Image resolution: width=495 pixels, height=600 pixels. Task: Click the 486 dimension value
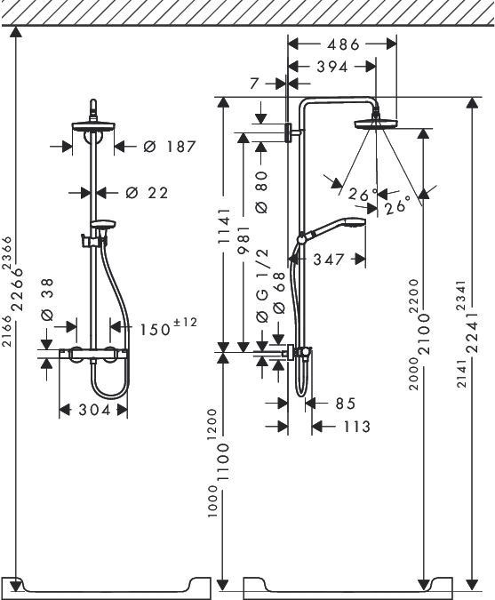point(342,43)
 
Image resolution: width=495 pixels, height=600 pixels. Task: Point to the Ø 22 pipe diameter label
point(147,192)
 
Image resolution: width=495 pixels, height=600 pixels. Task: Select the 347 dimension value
point(328,260)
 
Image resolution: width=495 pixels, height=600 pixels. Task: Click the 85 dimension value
point(345,404)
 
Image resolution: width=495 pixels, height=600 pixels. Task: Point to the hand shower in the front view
point(103,225)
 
